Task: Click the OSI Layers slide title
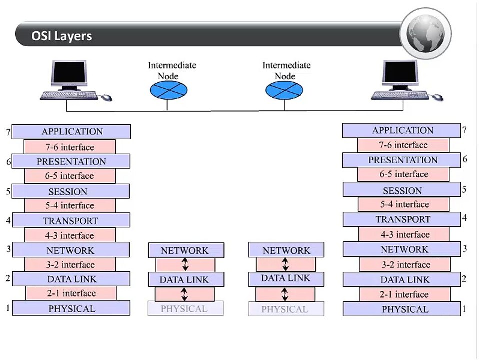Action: tap(61, 36)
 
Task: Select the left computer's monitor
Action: tap(69, 75)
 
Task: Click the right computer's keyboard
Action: tap(399, 95)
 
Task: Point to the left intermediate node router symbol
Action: tap(169, 90)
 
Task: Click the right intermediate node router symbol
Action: tap(284, 90)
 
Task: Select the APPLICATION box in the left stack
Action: tap(71, 132)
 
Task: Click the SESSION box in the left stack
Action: tap(70, 191)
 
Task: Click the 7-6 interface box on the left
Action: tap(70, 147)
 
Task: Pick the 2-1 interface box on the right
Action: tap(404, 294)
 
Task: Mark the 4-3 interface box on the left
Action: tap(70, 235)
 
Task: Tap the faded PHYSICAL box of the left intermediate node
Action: tap(185, 309)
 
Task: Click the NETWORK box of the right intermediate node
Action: tap(286, 250)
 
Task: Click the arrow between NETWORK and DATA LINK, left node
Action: tap(185, 265)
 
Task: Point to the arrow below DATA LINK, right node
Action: tap(285, 294)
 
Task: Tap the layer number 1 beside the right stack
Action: tap(464, 309)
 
